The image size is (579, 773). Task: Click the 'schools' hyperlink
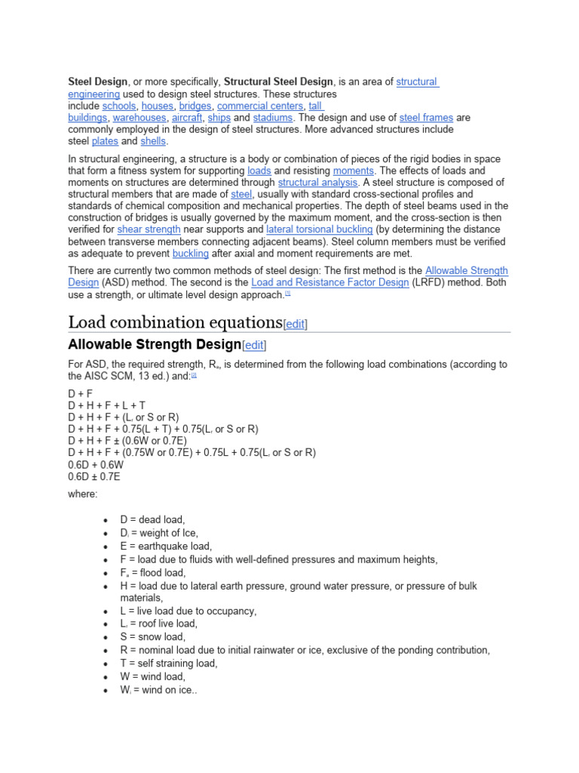pos(119,106)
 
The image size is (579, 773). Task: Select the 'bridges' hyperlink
pos(195,106)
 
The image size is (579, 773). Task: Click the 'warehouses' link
pos(139,118)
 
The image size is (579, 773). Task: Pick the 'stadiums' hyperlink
pos(273,118)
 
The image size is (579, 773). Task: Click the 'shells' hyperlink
pos(153,141)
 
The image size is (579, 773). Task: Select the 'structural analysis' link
pos(317,183)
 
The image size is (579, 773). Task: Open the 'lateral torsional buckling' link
pos(320,229)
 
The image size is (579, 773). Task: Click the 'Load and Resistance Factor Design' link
pos(330,282)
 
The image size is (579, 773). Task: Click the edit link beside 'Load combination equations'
pos(295,324)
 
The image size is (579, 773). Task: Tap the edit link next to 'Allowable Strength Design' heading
pos(254,345)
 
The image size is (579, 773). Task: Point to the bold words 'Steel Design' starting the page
pos(98,82)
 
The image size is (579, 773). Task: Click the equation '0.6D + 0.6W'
pos(95,465)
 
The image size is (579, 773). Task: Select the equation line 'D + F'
pos(81,393)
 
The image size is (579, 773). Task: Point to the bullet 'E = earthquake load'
pos(166,546)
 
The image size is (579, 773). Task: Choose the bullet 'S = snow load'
pos(152,637)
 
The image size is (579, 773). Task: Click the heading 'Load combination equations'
pos(175,322)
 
